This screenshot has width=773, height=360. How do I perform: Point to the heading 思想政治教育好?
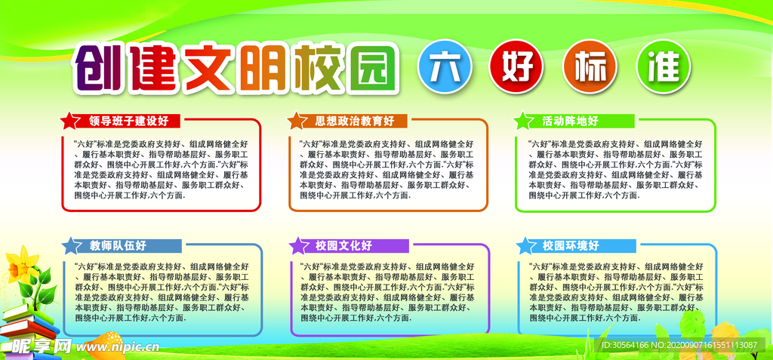[355, 121]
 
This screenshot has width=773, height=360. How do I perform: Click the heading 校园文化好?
[343, 245]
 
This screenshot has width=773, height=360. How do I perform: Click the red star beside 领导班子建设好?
[69, 120]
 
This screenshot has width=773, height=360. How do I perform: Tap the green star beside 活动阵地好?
[522, 120]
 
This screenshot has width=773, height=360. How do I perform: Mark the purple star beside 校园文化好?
[297, 245]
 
